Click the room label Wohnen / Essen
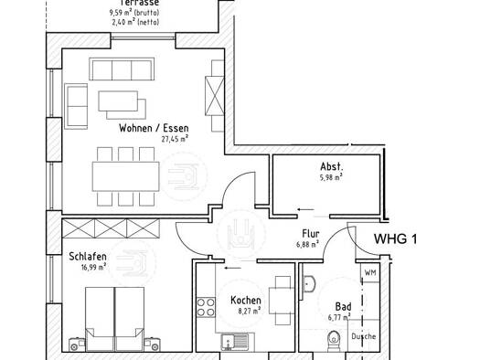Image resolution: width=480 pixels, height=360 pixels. [154, 128]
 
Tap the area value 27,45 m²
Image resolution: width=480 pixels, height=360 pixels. [175, 139]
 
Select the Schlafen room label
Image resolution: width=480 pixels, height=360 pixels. [88, 257]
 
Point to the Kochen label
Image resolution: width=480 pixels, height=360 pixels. [246, 301]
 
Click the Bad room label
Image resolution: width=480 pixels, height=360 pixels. [343, 306]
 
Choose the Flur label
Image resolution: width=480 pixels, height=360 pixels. [311, 234]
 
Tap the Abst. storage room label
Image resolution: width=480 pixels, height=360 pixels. [332, 166]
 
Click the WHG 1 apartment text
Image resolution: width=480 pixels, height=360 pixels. [395, 238]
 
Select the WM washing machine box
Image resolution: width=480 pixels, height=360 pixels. [370, 272]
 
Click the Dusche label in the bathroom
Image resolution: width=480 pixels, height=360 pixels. [363, 336]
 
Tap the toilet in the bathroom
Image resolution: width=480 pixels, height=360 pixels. [334, 341]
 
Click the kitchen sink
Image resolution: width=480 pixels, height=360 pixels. [235, 342]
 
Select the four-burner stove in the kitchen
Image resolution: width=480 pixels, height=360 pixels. [206, 307]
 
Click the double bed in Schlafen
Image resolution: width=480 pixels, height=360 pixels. [114, 319]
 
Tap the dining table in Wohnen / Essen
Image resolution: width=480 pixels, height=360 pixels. [126, 176]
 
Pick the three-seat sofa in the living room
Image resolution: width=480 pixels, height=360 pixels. [122, 69]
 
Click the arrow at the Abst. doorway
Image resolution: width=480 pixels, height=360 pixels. [305, 210]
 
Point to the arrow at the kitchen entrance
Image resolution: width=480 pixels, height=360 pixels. [232, 269]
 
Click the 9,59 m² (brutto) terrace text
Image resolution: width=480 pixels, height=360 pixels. [134, 13]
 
